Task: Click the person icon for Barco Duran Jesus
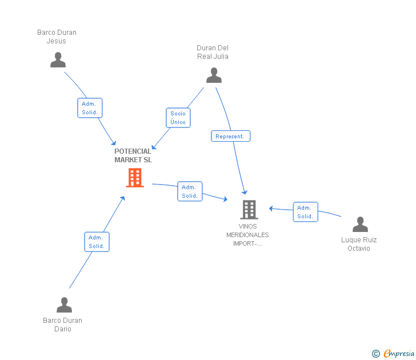[x=58, y=60]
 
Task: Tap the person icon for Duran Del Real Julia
[x=214, y=75]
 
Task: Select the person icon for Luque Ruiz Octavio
[x=360, y=225]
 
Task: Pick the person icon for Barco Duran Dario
[x=64, y=305]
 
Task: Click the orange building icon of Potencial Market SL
[x=135, y=178]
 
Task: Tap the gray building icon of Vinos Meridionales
[x=249, y=210]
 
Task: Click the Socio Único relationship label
[x=178, y=118]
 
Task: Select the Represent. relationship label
[x=230, y=136]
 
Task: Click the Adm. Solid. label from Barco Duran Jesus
[x=90, y=108]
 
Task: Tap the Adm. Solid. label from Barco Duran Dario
[x=97, y=242]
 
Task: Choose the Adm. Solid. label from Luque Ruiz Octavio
[x=305, y=212]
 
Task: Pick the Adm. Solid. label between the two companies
[x=190, y=191]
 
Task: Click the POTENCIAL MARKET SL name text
[x=133, y=155]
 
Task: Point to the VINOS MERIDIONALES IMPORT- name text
[x=247, y=235]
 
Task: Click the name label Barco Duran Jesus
[x=57, y=37]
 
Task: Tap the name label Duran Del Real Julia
[x=213, y=52]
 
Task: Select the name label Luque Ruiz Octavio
[x=359, y=244]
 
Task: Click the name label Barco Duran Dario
[x=62, y=325]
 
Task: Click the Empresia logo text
[x=399, y=354]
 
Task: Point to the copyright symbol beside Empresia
[x=375, y=354]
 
